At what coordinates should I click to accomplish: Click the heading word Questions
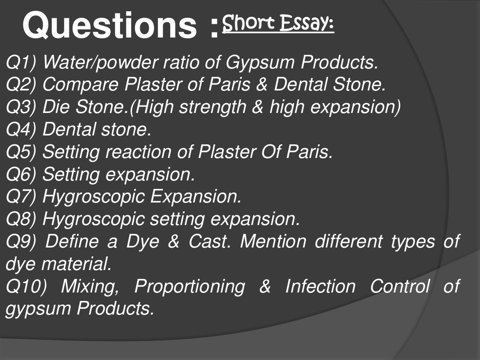pos(110,26)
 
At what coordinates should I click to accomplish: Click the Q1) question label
pos(21,62)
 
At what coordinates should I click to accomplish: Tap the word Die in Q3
pos(55,107)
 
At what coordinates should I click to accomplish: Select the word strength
pos(209,107)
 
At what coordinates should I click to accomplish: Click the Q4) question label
pos(22,130)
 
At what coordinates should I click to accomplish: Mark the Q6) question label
pos(22,175)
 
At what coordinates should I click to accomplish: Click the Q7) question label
pos(22,197)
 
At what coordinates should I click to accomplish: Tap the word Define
pos(73,242)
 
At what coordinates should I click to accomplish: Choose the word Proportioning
pos(189,287)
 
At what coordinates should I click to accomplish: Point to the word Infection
pos(320,287)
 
